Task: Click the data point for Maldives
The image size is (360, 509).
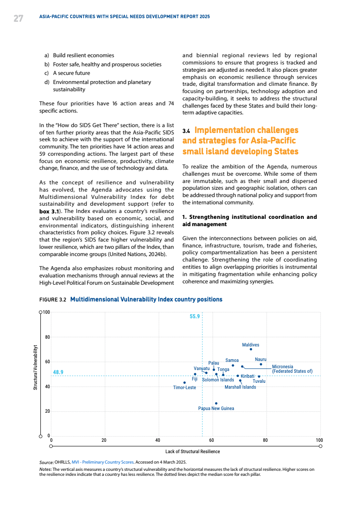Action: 251,349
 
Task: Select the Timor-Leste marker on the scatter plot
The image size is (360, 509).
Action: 184,382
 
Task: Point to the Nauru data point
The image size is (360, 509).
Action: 261,364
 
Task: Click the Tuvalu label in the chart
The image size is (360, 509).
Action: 259,381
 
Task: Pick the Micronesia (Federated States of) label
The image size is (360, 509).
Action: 292,369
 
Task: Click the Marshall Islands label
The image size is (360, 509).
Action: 240,387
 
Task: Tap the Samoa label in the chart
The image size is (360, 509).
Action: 232,360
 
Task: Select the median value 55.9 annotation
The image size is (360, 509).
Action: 195,316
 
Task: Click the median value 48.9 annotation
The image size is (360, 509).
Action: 58,372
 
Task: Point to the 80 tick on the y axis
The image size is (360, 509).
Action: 47,337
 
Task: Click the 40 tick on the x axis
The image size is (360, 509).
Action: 158,440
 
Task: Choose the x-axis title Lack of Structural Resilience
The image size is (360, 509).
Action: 192,451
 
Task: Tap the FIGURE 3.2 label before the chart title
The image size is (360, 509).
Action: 53,300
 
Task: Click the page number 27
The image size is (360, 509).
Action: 18,18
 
